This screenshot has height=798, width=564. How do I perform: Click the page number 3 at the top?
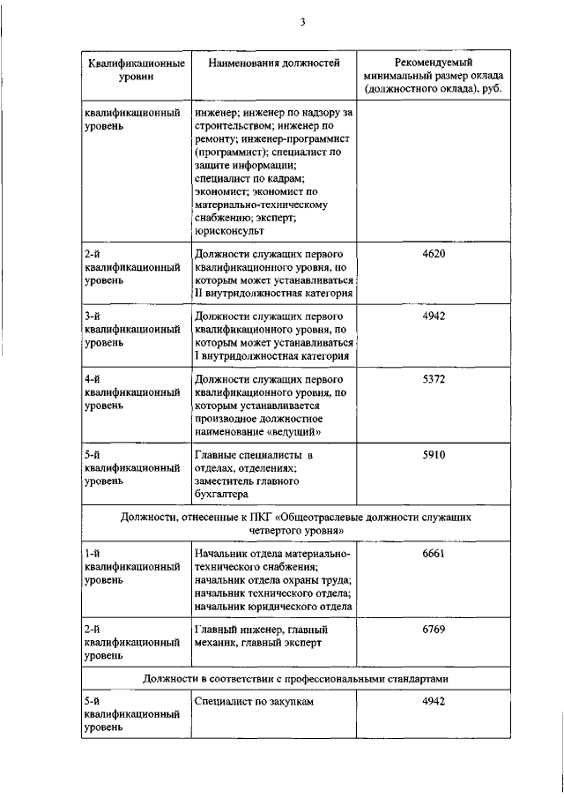click(x=301, y=23)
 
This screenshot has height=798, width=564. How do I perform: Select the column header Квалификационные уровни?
click(x=136, y=71)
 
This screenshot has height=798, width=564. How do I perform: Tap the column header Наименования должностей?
click(x=273, y=63)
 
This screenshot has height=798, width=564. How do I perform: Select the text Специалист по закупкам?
click(x=254, y=702)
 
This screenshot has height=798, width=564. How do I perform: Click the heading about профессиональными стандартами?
click(x=301, y=679)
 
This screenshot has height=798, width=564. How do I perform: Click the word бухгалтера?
click(x=224, y=496)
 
